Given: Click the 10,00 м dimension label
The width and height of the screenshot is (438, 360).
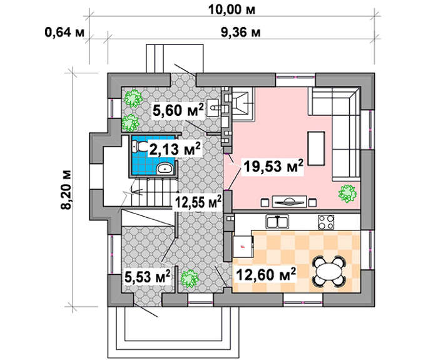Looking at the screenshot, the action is pos(232,10).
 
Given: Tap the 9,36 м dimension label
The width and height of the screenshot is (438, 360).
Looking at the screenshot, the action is pos(241,33).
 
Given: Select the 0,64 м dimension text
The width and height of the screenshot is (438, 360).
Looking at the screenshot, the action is pos(64,33).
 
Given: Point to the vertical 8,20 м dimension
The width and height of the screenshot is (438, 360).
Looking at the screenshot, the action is pos(67,189).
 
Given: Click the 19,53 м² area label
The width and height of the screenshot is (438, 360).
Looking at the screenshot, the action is pos(273,166).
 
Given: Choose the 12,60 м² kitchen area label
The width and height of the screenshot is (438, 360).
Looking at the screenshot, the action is pos(266,274).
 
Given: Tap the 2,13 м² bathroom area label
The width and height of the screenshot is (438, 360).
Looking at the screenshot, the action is pos(175,148).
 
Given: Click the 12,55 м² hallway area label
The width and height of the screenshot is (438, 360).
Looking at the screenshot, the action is pos(198,202).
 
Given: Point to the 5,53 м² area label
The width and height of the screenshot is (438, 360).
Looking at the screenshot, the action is pos(148,277).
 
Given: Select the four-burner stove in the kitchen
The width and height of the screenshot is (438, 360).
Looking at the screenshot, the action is pos(326,222).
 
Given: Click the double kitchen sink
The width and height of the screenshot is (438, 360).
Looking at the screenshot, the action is pos(277,222).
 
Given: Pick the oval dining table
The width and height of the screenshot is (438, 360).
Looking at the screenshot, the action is pos(329,271).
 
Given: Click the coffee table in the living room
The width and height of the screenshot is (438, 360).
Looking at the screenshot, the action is pos(316,148).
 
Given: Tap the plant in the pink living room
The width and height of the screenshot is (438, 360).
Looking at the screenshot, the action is pos(347,193).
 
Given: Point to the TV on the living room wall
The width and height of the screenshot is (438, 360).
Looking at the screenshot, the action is pos(289,201).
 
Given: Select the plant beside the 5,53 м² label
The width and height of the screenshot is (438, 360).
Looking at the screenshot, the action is pos(190,279).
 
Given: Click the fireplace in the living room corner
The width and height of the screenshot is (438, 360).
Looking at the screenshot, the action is pos(243,104).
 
